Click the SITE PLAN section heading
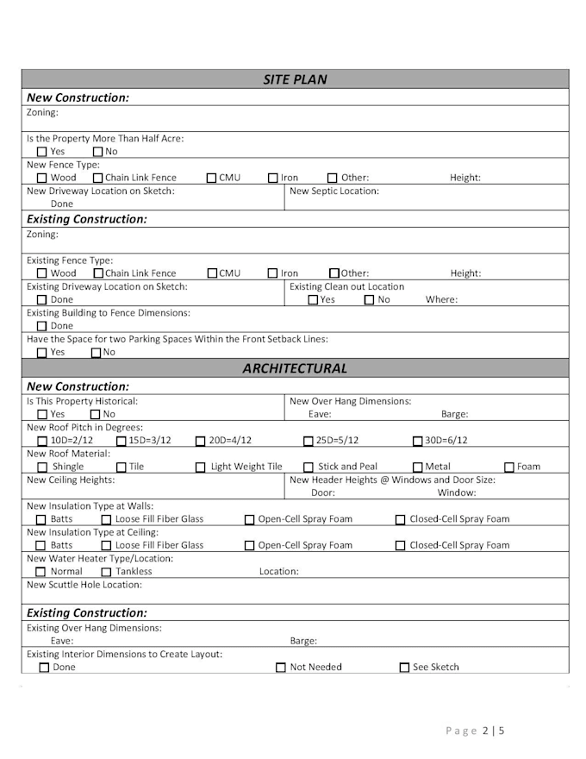(295, 80)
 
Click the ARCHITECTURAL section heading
(295, 368)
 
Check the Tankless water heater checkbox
(106, 572)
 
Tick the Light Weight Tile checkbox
(201, 467)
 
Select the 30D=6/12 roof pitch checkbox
(418, 441)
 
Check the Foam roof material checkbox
(509, 467)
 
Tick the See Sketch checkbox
(404, 668)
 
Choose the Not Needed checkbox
(281, 668)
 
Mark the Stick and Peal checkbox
(309, 467)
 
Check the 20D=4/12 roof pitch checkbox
(201, 441)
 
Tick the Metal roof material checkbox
(418, 467)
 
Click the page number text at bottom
(475, 731)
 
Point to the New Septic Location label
(334, 191)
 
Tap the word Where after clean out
(441, 300)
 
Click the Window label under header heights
(457, 493)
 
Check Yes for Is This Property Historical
(41, 415)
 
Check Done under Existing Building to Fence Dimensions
(41, 327)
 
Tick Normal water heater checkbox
(41, 572)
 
